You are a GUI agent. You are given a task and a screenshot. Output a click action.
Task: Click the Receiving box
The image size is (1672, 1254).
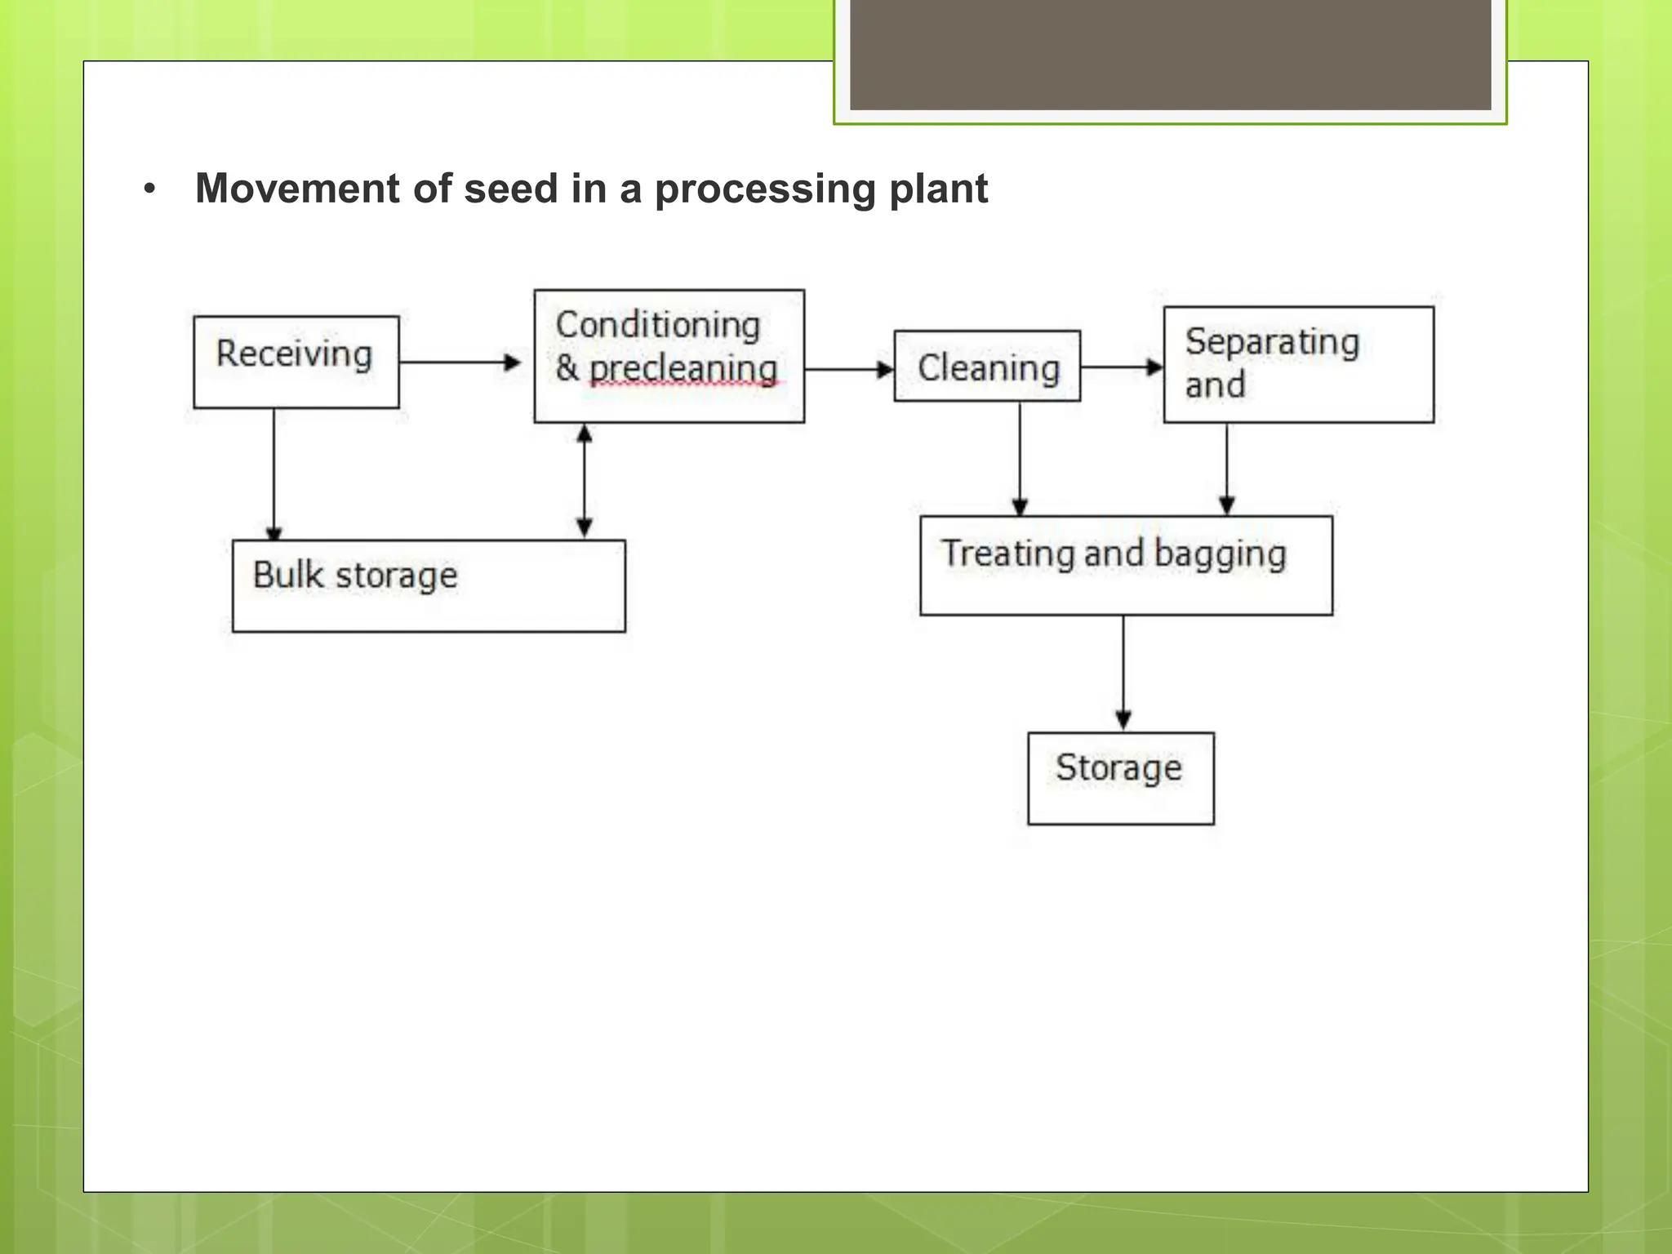296,362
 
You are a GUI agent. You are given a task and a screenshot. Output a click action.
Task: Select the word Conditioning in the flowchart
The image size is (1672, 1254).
658,325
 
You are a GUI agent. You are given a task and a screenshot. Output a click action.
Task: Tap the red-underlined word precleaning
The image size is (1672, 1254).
683,369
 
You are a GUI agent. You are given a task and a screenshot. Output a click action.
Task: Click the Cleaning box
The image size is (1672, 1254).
987,367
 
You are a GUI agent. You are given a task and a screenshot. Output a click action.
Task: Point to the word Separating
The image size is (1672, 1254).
1272,341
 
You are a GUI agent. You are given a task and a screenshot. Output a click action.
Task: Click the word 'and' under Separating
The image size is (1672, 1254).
1215,385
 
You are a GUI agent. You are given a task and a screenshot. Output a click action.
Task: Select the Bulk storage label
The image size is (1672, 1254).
355,576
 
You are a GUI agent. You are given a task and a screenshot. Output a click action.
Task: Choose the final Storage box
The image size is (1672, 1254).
1120,777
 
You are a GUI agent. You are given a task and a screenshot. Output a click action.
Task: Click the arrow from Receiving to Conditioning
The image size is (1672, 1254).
460,362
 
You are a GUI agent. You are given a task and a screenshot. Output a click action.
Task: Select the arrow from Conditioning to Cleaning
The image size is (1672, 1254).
848,369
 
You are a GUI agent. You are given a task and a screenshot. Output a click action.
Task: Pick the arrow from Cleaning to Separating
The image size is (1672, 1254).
1121,367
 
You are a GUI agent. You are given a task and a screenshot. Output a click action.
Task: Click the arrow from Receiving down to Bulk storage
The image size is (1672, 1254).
273,474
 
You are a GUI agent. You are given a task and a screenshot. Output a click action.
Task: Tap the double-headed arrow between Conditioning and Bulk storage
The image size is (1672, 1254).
585,481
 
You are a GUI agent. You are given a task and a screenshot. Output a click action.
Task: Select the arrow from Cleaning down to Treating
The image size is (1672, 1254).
1020,459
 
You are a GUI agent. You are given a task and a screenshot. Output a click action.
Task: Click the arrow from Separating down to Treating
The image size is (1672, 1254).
1227,469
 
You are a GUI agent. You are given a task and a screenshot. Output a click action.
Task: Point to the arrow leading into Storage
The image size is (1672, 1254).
1123,673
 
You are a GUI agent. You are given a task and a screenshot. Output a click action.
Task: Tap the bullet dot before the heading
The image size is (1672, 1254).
149,189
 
